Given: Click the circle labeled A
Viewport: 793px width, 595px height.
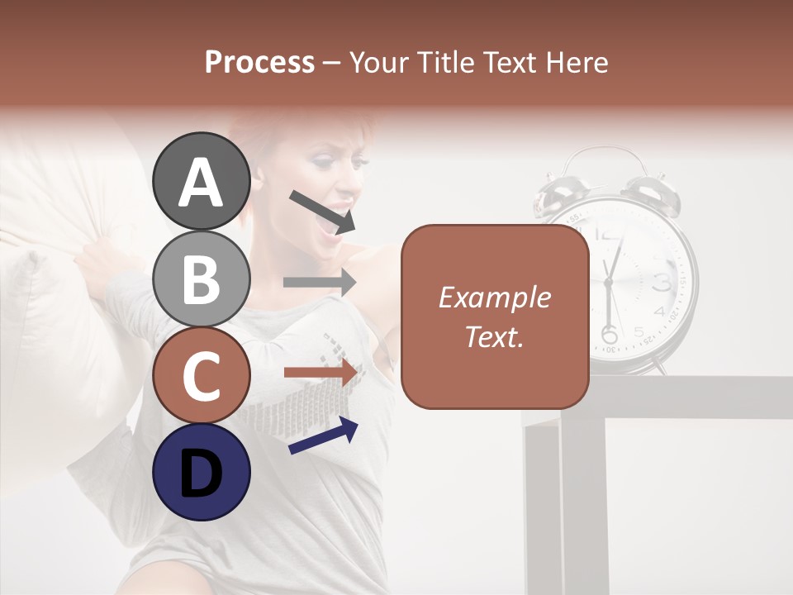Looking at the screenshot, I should [201, 182].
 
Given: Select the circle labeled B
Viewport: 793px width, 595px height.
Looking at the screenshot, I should [201, 279].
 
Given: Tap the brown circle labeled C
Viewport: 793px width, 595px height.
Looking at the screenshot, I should [201, 376].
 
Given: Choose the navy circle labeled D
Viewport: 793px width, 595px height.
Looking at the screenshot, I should [201, 473].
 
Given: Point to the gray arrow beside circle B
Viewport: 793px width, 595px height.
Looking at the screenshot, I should [320, 282].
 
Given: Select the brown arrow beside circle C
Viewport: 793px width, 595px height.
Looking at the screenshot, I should [320, 373].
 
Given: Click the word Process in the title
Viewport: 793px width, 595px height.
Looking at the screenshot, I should [259, 62].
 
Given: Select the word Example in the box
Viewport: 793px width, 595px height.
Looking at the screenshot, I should [494, 297].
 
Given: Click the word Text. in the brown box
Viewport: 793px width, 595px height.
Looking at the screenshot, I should [494, 336].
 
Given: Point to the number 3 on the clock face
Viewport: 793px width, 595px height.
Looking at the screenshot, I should [661, 283].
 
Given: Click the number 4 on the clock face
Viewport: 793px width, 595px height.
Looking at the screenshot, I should [658, 312].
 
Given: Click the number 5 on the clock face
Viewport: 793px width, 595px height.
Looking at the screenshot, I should [639, 331].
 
